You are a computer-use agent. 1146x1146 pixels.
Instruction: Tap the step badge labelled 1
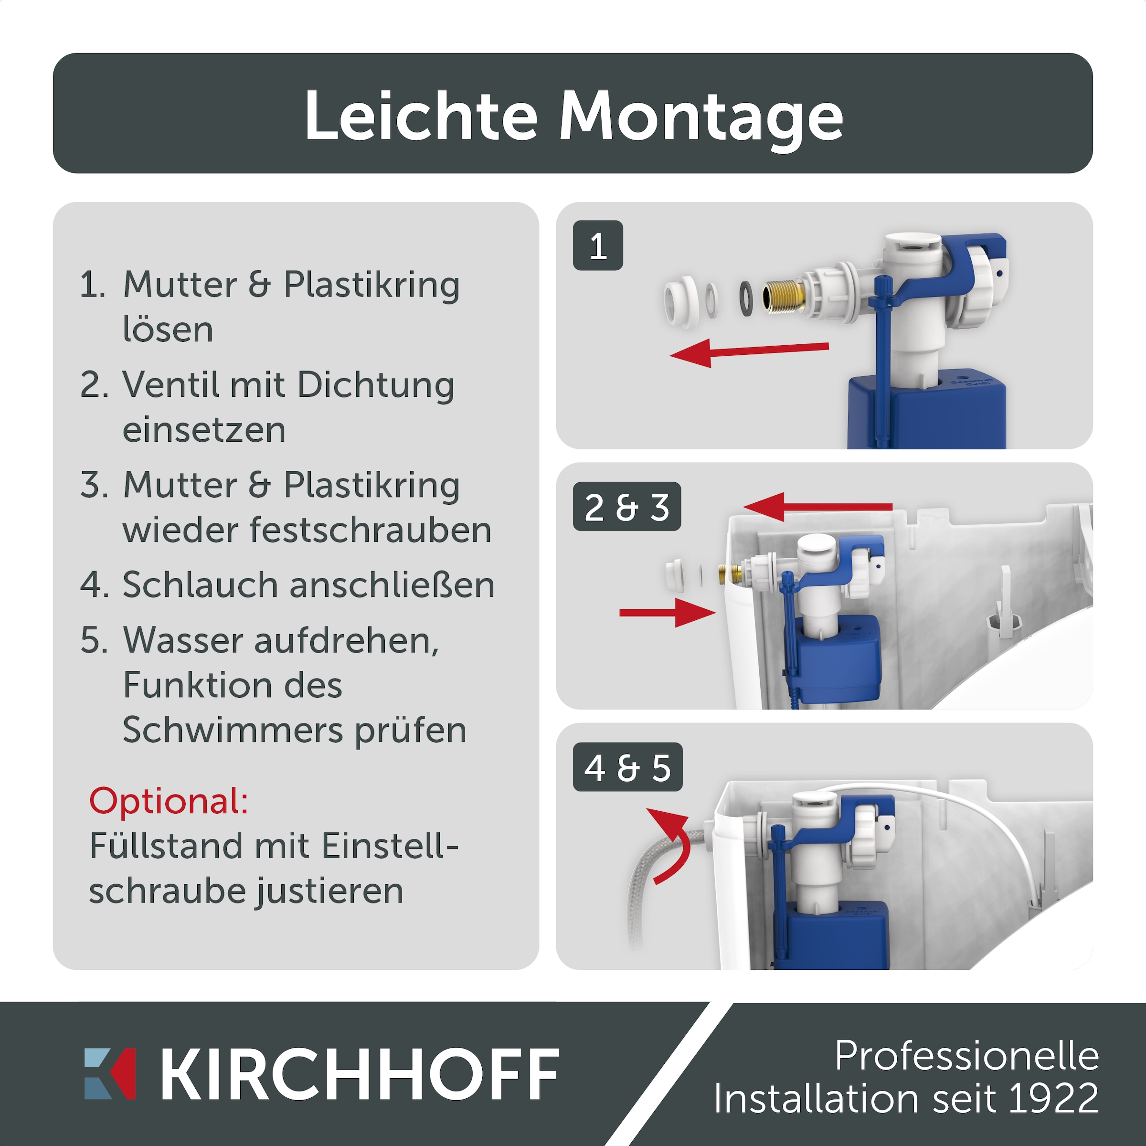(598, 245)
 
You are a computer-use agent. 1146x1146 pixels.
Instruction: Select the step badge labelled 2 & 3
(626, 507)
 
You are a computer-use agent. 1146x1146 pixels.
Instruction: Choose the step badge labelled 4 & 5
(627, 767)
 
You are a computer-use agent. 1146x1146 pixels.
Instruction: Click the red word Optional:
(169, 801)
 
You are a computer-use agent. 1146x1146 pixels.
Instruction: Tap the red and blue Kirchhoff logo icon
(110, 1073)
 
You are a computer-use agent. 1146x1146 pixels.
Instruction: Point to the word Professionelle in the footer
(966, 1056)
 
